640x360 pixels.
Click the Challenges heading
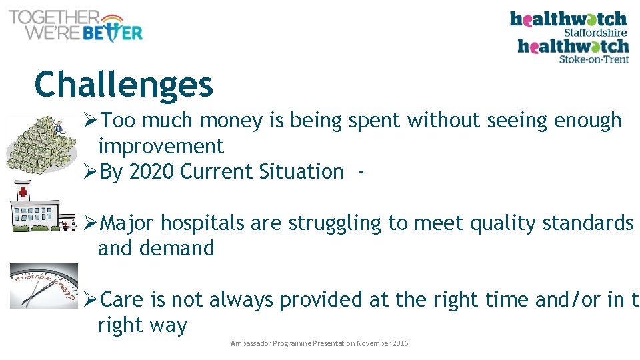pyautogui.click(x=123, y=85)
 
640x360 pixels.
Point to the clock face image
pyautogui.click(x=44, y=286)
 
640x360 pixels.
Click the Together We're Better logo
pyautogui.click(x=75, y=26)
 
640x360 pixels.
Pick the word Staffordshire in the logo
pyautogui.click(x=595, y=32)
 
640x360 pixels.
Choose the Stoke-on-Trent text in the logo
pyautogui.click(x=593, y=59)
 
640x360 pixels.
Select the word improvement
pyautogui.click(x=161, y=146)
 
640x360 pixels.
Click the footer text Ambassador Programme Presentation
pyautogui.click(x=293, y=343)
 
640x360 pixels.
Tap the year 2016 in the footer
pyautogui.click(x=399, y=343)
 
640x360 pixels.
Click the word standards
pyautogui.click(x=587, y=223)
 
